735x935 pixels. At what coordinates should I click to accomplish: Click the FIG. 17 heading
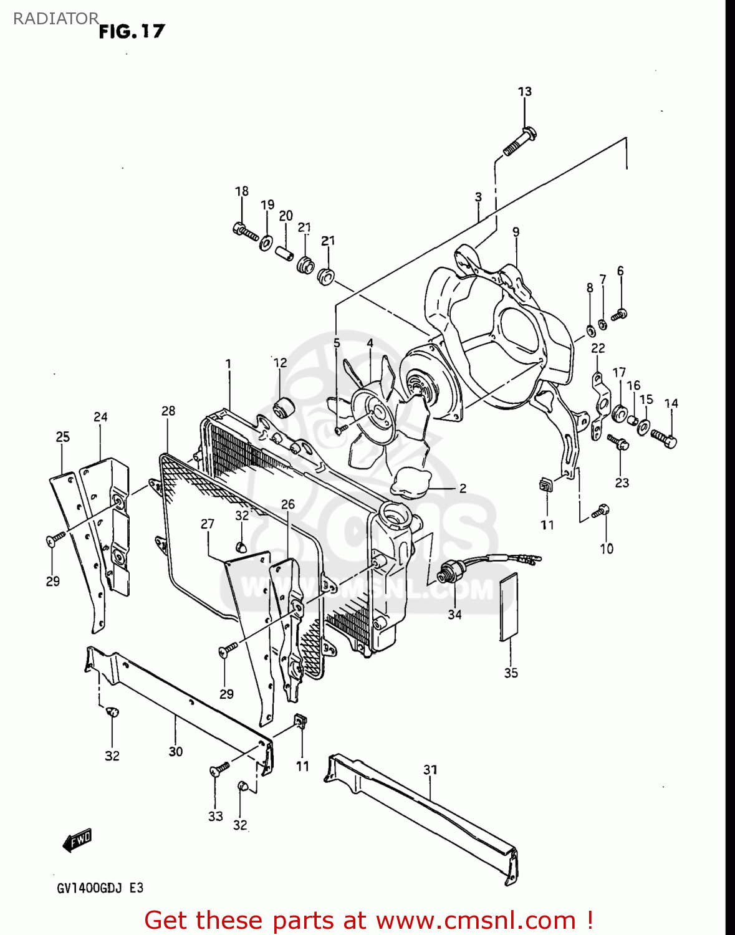132,31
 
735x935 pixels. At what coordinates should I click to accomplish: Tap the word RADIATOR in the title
55,19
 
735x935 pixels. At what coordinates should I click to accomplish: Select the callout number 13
524,92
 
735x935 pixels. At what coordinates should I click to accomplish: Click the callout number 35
511,673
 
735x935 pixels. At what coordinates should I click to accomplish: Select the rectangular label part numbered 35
509,607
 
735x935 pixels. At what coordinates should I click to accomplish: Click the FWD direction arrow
77,841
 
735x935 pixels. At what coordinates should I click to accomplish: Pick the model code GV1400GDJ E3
100,888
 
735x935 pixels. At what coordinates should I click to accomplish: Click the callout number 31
430,770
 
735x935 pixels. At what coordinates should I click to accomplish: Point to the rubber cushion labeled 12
283,408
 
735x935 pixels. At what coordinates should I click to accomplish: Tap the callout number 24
100,416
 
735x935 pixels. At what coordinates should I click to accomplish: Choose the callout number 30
175,752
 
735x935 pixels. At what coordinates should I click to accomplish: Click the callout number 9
516,232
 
